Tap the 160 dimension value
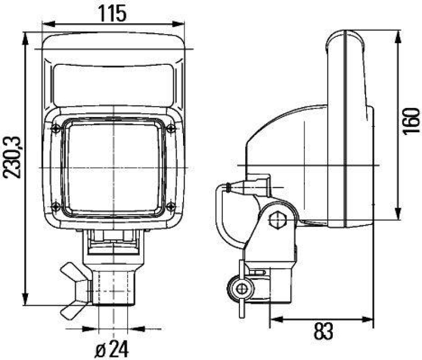[411, 120]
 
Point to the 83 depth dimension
[323, 332]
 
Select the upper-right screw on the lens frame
[170, 129]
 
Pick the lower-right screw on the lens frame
[170, 206]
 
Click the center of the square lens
[113, 167]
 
